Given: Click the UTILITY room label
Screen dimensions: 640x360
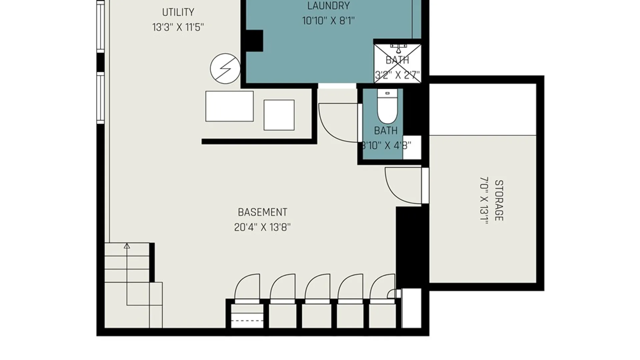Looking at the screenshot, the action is [x=178, y=12].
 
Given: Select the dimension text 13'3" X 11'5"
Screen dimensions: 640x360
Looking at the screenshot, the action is [x=178, y=27].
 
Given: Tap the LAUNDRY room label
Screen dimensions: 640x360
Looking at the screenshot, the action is [x=328, y=6].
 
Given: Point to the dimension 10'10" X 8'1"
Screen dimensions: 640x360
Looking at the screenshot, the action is [x=328, y=21].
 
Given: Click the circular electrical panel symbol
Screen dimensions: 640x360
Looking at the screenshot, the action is [x=225, y=69].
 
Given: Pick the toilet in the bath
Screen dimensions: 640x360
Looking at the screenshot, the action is [x=387, y=106].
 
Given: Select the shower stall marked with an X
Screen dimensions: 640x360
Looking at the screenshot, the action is [x=397, y=63].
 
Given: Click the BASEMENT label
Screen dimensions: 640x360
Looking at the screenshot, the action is [x=262, y=212].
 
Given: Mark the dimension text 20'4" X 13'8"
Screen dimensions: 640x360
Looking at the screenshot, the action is [x=262, y=227].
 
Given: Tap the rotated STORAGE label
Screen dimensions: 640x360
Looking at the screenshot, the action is [x=499, y=200].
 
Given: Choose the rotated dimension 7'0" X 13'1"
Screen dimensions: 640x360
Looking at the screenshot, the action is [x=484, y=200].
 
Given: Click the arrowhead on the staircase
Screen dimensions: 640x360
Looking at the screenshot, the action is [x=127, y=246].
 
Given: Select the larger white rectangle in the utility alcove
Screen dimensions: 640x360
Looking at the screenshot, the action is [x=229, y=106].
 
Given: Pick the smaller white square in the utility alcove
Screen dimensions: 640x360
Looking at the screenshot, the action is [x=279, y=115].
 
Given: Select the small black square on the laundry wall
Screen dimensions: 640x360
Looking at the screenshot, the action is [x=255, y=41].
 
